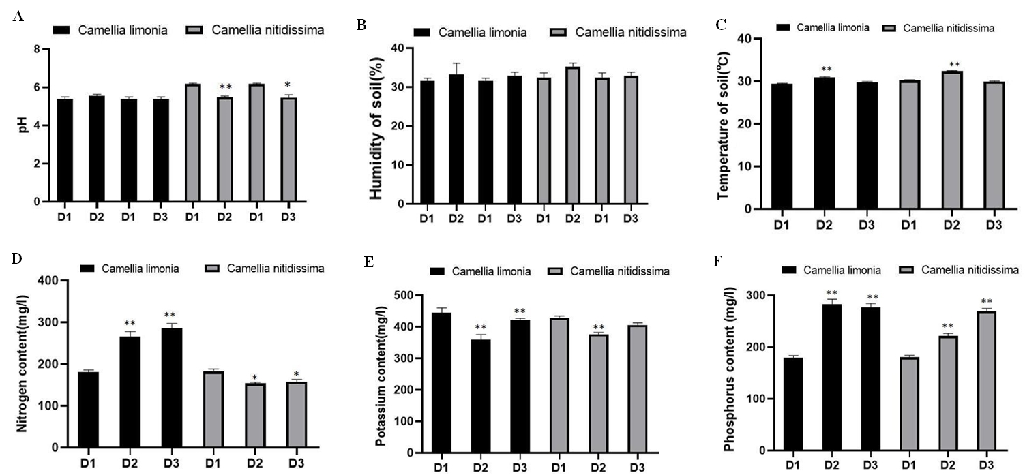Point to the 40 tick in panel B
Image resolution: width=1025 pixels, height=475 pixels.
(394, 48)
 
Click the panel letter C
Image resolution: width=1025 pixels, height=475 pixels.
(720, 25)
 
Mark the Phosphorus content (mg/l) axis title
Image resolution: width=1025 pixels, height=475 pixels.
(730, 372)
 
